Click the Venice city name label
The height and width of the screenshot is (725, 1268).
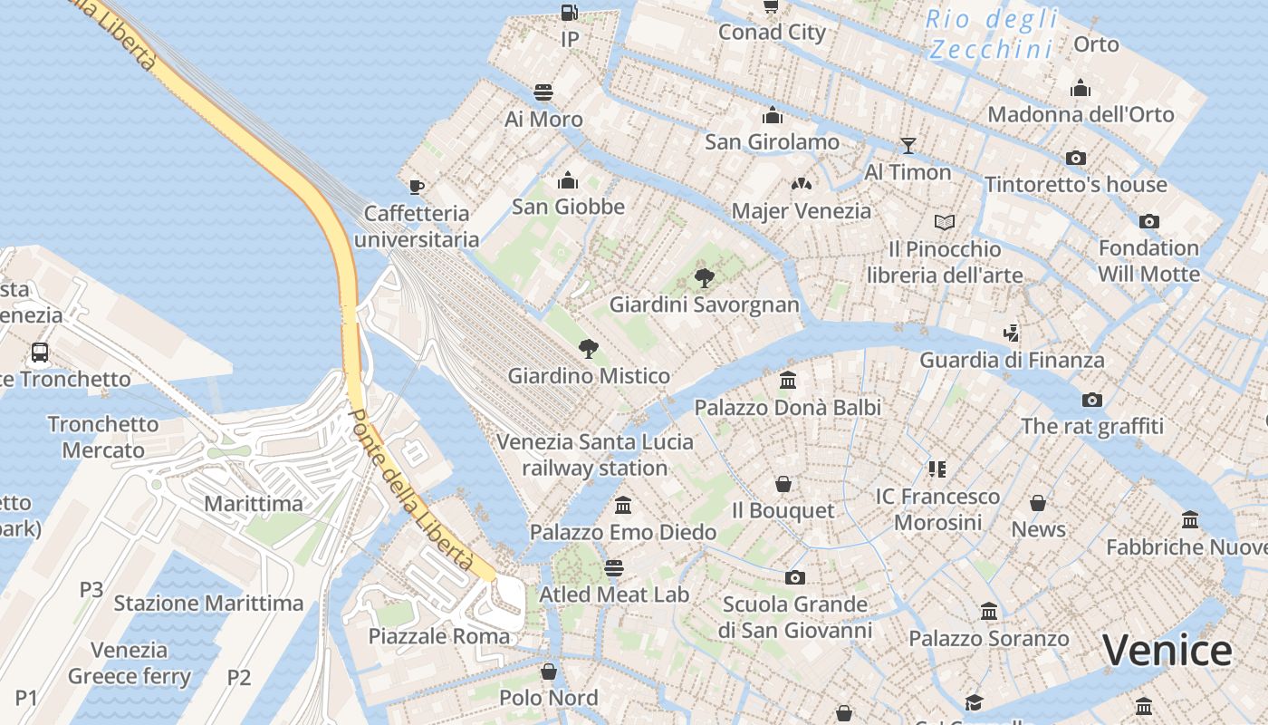point(1167,651)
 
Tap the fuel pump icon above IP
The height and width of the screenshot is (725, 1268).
point(569,13)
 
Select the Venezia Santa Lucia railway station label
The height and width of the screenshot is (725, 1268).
point(595,455)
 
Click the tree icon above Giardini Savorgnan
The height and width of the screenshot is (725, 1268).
point(704,278)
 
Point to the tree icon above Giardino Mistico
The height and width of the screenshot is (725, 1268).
point(589,349)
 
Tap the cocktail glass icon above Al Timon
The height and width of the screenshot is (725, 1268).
point(908,146)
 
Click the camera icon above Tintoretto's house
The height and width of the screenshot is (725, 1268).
point(1075,158)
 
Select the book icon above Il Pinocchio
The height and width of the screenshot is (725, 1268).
point(944,222)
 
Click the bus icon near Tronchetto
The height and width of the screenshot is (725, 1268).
point(40,353)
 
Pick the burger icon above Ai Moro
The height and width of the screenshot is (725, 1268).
point(543,92)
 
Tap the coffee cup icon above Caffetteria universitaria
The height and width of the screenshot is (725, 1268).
point(416,187)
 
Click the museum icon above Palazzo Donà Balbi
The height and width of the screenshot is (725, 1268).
point(787,381)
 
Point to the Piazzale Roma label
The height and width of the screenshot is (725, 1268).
point(438,636)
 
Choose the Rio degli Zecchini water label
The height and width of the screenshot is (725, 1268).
point(992,34)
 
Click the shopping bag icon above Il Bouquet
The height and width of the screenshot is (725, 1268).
point(783,484)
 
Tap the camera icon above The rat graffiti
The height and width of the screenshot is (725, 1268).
point(1091,400)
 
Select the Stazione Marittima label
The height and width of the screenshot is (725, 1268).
point(208,603)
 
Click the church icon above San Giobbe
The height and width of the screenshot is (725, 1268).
point(568,180)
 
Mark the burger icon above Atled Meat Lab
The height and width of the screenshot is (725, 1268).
point(614,568)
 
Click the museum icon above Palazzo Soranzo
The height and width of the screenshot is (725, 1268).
point(988,612)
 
